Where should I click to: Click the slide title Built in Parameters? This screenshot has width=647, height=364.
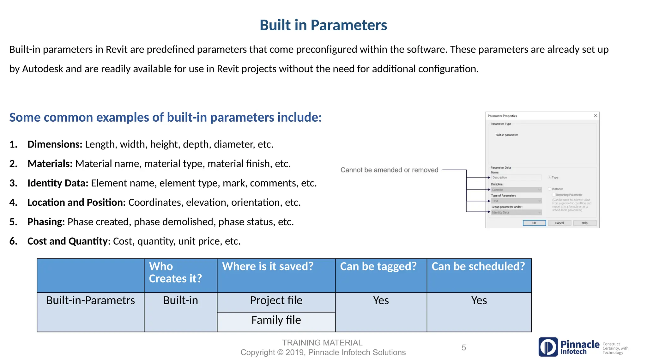click(x=323, y=25)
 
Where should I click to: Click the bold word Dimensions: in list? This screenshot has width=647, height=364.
click(x=55, y=144)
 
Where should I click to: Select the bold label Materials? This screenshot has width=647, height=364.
click(x=50, y=164)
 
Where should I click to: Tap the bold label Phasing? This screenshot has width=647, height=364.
click(x=46, y=222)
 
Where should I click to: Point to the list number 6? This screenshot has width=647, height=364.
click(x=13, y=241)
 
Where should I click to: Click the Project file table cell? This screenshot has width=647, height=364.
click(x=276, y=300)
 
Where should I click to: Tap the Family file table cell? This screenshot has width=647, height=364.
click(x=276, y=320)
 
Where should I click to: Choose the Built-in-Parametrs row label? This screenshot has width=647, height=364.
click(x=90, y=300)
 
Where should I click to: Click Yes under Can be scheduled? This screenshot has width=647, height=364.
click(x=479, y=300)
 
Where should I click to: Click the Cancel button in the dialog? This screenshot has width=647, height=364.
click(x=559, y=223)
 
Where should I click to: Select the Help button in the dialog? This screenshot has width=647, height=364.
click(x=584, y=223)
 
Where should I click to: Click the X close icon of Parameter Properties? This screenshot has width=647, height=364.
click(x=595, y=116)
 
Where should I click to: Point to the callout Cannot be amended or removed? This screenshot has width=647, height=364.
click(x=389, y=170)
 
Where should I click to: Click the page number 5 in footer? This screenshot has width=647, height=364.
click(x=463, y=348)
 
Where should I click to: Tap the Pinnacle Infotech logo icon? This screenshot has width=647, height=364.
click(x=548, y=347)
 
